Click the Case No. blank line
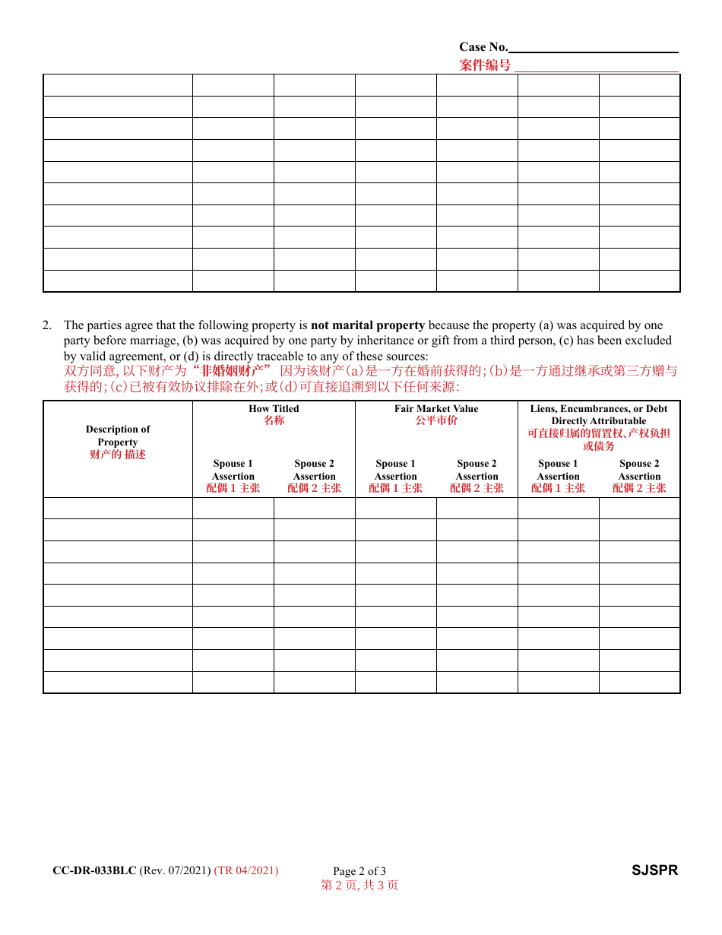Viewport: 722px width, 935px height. coord(594,48)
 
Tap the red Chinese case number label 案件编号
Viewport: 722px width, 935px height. coord(485,65)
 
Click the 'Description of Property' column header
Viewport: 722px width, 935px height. coord(118,436)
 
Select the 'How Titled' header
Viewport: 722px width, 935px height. coord(274,409)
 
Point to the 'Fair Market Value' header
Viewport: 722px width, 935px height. coord(436,409)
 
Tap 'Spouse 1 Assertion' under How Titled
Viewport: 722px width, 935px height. coord(233,470)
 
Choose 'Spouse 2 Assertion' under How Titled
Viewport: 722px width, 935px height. coord(315,470)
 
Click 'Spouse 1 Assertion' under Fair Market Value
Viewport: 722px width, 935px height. coord(396,470)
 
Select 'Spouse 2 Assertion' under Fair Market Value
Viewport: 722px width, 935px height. coord(477,470)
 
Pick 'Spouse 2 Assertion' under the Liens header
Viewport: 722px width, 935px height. coord(640,470)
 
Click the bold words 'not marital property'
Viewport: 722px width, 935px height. coord(368,325)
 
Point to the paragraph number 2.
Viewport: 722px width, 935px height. coord(47,325)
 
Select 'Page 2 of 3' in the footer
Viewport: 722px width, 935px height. coord(359,871)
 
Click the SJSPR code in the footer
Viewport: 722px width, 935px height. coord(654,870)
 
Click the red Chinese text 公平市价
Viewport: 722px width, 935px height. coord(436,420)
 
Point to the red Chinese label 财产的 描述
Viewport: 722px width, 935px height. coord(118,455)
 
